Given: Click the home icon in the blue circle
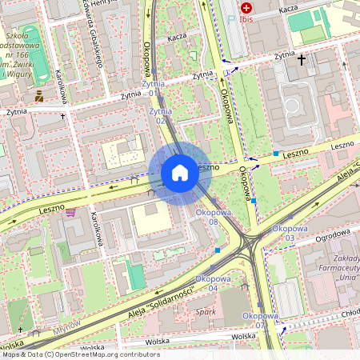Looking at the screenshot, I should (180, 172).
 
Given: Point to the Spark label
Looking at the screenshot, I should (206, 311).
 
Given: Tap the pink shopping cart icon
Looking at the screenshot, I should (70, 212).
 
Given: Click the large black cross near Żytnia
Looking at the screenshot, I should (302, 59).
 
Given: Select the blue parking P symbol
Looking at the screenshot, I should (232, 15).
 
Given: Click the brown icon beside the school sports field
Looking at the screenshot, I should (38, 97).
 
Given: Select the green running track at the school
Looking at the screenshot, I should (32, 45).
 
